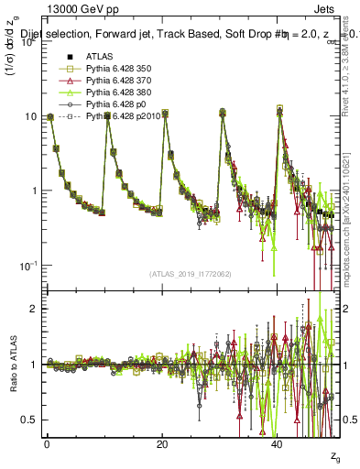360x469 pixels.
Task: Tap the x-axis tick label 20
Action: click(162, 443)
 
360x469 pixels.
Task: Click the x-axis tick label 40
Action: click(278, 443)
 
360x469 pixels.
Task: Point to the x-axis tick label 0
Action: click(47, 443)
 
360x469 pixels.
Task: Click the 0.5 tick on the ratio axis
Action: click(33, 420)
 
